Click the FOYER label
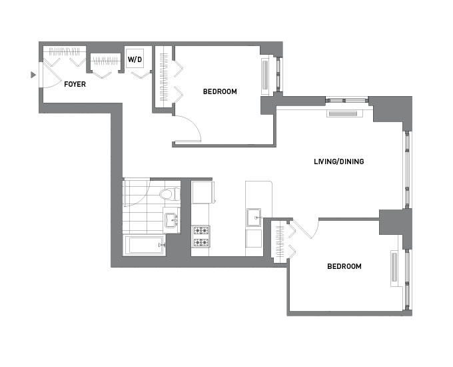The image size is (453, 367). click(x=74, y=84)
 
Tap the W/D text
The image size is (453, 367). click(x=135, y=59)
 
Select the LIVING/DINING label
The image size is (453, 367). click(x=338, y=161)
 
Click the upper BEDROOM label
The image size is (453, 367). click(x=220, y=91)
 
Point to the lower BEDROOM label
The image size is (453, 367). click(x=344, y=266)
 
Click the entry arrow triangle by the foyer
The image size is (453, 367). click(x=33, y=75)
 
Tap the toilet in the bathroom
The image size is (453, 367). click(x=170, y=195)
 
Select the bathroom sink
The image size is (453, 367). click(x=171, y=220)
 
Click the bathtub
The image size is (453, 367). click(x=145, y=246)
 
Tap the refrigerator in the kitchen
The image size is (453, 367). click(x=203, y=192)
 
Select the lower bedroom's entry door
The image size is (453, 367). click(x=306, y=229)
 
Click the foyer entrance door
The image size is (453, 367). click(x=49, y=75)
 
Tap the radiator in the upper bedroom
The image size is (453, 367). click(x=266, y=75)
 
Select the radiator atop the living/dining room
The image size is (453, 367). click(x=344, y=113)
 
